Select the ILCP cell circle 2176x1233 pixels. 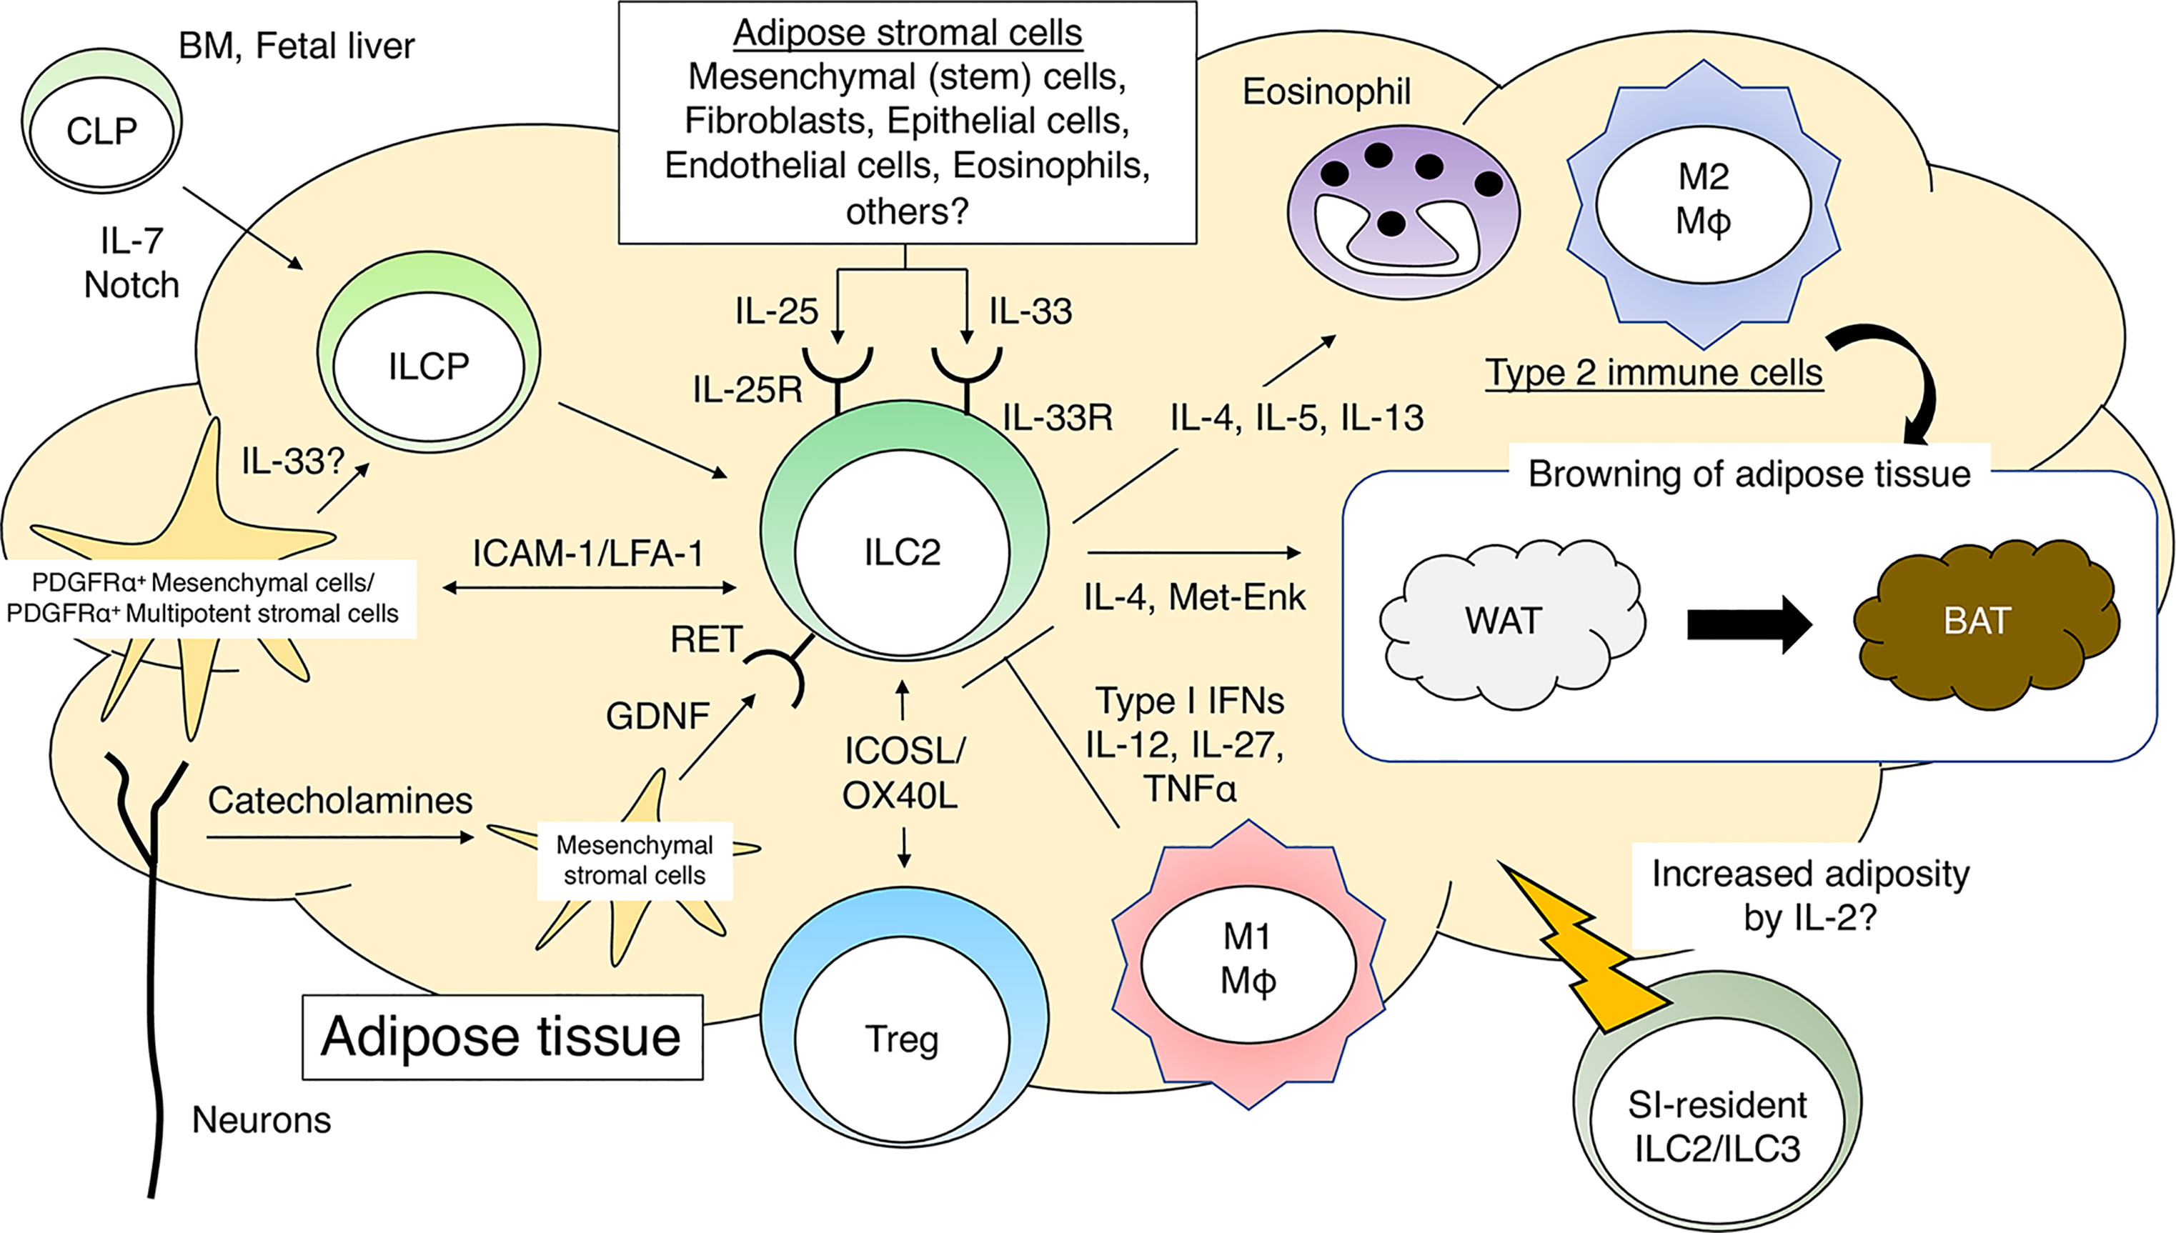[x=429, y=366]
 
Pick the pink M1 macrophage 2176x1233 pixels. [x=1248, y=964]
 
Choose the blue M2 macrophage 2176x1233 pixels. [x=1704, y=204]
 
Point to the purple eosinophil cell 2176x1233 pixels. [x=1404, y=211]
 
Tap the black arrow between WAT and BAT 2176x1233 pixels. [x=1750, y=624]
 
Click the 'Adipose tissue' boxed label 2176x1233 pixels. [x=502, y=1037]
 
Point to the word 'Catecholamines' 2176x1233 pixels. [x=339, y=800]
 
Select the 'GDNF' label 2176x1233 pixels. [x=657, y=717]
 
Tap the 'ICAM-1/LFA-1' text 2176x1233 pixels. [x=588, y=554]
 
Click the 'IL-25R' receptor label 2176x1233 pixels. [x=747, y=390]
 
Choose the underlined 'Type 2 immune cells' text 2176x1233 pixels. [x=1654, y=374]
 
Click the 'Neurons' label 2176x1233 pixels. [x=261, y=1119]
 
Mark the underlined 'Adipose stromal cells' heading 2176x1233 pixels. [x=907, y=34]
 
